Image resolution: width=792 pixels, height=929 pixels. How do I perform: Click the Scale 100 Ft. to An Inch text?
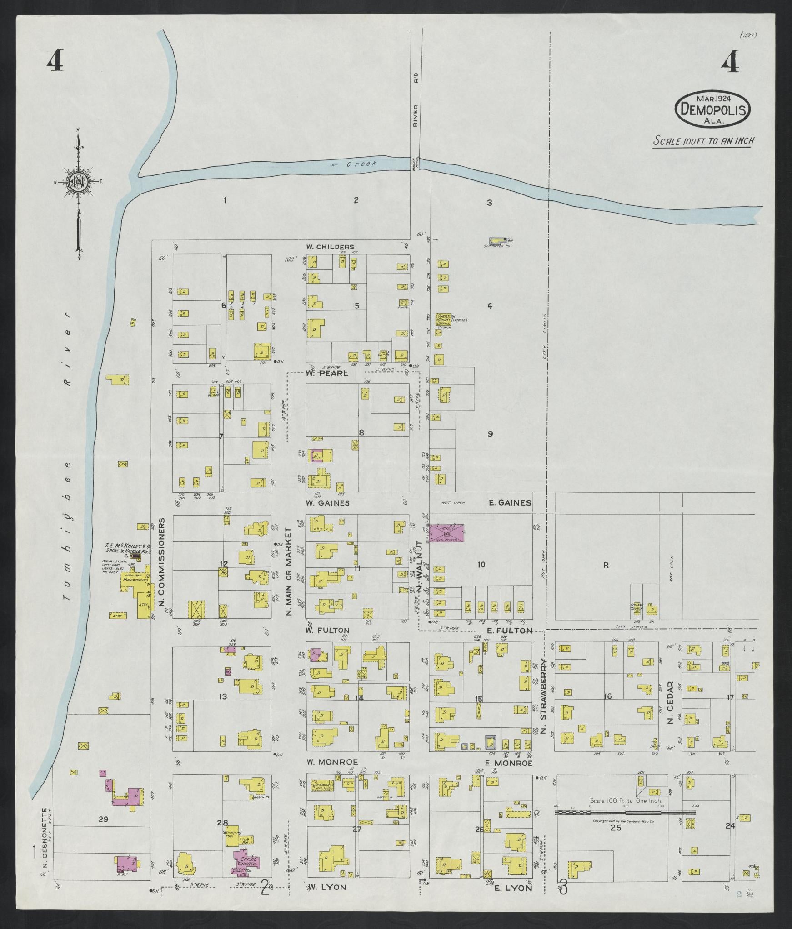[x=703, y=141]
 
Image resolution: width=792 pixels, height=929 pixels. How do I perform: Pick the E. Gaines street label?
[x=510, y=502]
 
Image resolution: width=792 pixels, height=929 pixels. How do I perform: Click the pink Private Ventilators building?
[x=447, y=533]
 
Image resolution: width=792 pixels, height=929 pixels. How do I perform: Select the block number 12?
[x=223, y=564]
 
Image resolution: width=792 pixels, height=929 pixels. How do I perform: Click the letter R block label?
[x=606, y=565]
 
